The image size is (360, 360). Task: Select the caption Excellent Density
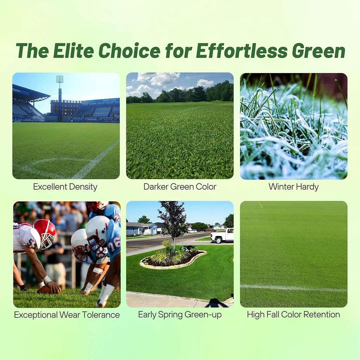[x=65, y=187]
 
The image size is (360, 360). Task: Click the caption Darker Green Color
[x=180, y=187]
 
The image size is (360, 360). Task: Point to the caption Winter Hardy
[x=293, y=187]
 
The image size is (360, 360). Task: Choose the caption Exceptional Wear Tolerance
[x=67, y=315]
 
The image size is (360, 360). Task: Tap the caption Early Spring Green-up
[x=180, y=315]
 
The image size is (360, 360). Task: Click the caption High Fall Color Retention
[x=293, y=315]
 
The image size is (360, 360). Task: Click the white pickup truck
[x=222, y=236]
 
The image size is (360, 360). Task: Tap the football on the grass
[x=48, y=289]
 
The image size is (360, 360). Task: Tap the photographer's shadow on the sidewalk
[x=215, y=303]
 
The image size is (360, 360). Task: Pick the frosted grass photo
[x=293, y=126]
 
